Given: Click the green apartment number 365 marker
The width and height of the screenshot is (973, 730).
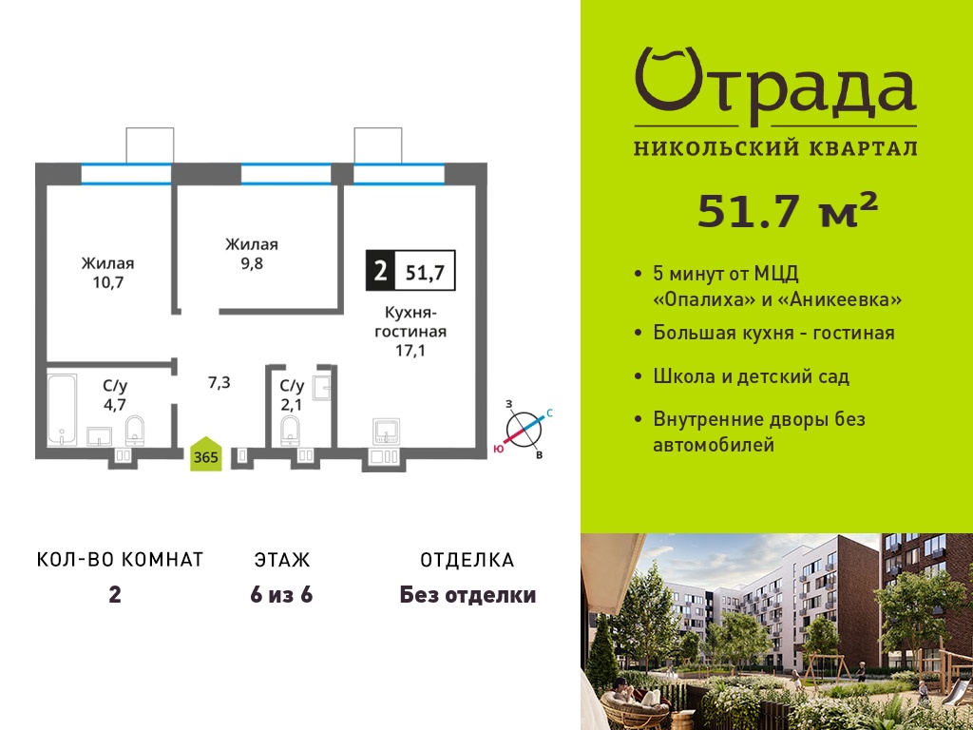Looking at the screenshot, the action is point(206,454).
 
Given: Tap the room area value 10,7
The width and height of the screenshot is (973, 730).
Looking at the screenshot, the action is point(108,282).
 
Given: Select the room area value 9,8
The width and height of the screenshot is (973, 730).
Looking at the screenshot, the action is point(251,263).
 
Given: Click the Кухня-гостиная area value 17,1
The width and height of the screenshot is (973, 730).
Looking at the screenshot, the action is point(410,352).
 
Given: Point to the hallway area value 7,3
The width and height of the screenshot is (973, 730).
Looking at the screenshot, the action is point(219,382).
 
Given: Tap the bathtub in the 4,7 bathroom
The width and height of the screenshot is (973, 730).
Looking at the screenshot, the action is point(62,409).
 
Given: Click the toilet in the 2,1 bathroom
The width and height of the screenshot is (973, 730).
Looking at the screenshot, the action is point(290,431).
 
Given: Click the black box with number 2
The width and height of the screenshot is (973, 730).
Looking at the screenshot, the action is point(380,271).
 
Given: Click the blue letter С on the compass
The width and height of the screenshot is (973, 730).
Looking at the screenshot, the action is point(549,413).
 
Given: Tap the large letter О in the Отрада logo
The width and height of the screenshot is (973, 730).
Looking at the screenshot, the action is point(669,81).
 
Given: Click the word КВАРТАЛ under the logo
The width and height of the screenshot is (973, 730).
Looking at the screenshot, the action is point(865,148).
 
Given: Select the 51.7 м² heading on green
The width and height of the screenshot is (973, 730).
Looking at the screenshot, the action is point(788,210).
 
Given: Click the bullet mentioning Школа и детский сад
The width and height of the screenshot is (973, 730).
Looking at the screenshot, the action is point(751,376).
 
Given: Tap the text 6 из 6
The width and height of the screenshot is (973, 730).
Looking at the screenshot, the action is point(281,595).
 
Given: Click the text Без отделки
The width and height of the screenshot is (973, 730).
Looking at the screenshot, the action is point(467,595).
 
